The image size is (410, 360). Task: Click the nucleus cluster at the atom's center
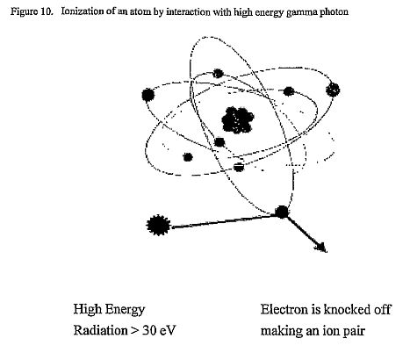click(x=238, y=120)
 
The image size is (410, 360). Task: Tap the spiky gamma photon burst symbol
click(x=158, y=225)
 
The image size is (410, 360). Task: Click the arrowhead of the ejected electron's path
click(x=322, y=248)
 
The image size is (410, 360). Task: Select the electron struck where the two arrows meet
click(x=282, y=212)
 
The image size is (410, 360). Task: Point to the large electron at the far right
click(x=333, y=90)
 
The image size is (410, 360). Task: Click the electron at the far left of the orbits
click(x=147, y=95)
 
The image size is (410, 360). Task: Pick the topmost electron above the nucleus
click(x=218, y=74)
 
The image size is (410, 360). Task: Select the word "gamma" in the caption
click(x=301, y=12)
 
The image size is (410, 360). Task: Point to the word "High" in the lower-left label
click(x=87, y=310)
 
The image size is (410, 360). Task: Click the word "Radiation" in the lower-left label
click(x=100, y=330)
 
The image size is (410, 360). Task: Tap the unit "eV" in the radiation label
click(x=168, y=330)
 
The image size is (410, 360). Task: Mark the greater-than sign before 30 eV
click(x=134, y=331)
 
